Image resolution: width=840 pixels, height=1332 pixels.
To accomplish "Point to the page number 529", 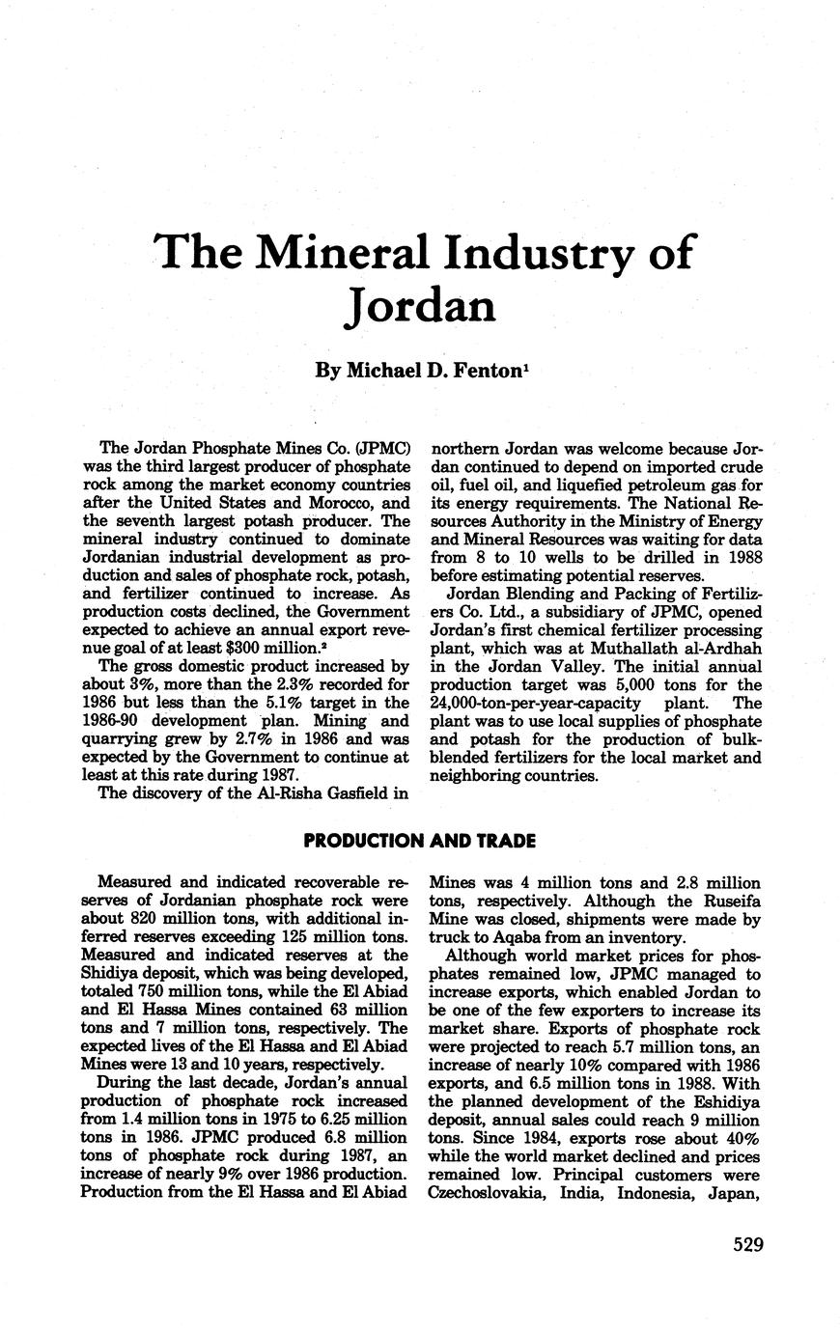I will (x=747, y=1244).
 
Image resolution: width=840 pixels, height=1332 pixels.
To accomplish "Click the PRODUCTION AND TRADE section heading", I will (x=420, y=841).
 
